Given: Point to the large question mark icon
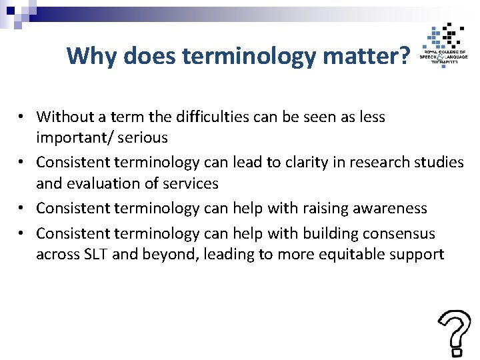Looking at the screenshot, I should (x=454, y=332).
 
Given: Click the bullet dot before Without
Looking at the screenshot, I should (x=22, y=117).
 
